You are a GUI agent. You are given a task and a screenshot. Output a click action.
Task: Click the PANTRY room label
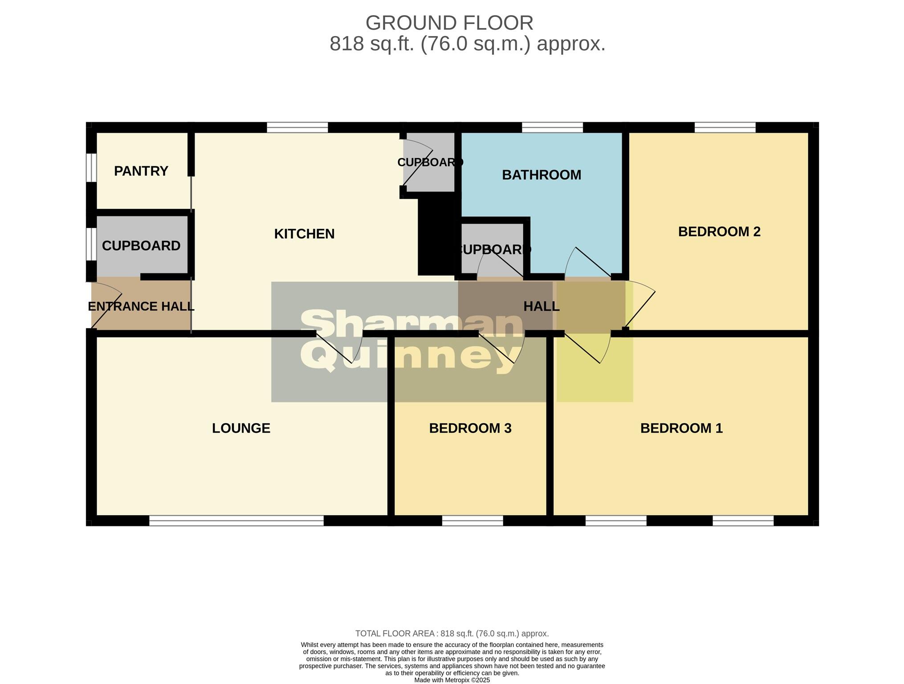[x=141, y=171]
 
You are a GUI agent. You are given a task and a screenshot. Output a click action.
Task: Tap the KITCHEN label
[x=304, y=234]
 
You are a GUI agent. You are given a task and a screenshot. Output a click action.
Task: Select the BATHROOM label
[x=541, y=175]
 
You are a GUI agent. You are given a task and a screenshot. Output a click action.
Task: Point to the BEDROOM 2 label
[x=719, y=232]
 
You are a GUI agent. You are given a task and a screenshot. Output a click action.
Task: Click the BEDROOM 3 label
[x=470, y=428]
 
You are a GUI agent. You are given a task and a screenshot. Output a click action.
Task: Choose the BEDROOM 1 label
[x=681, y=428]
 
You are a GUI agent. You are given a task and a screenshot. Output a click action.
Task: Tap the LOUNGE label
[x=241, y=428]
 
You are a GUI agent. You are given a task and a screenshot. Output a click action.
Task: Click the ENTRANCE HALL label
[x=141, y=306]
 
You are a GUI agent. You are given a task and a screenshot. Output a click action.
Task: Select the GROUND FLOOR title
[x=449, y=23]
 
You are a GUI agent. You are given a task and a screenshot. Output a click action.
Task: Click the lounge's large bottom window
[x=236, y=521]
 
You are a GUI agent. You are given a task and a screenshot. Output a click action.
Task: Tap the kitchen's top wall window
[x=297, y=128]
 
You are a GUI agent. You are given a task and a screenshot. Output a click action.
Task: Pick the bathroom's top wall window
[x=552, y=128]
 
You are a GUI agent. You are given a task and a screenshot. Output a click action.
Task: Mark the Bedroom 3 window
[x=472, y=521]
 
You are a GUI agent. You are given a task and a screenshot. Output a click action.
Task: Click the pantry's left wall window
[x=91, y=167]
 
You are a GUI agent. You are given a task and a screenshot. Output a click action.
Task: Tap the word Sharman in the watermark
[x=412, y=324]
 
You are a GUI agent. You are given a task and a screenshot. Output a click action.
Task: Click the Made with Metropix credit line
[x=452, y=680]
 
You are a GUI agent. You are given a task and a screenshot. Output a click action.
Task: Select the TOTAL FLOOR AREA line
[x=452, y=633]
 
